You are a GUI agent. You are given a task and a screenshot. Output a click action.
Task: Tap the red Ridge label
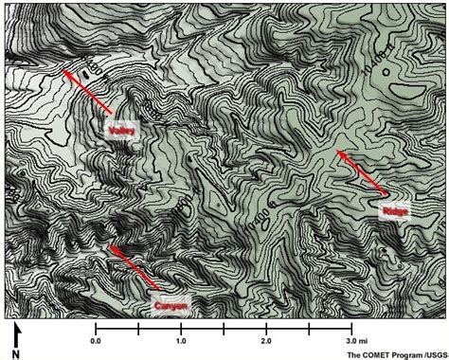[x=394, y=210]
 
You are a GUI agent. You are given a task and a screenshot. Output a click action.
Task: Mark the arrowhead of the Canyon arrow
[x=108, y=244]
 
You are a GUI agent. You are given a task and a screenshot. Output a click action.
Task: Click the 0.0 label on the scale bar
[x=96, y=339]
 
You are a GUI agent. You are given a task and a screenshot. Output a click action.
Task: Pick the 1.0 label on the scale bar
[x=181, y=339]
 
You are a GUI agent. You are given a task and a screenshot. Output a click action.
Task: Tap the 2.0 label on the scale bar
[x=266, y=339]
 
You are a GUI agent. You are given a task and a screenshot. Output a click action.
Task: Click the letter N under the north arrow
[x=16, y=351]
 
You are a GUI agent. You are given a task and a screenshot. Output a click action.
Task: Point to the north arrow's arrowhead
[x=16, y=327]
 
